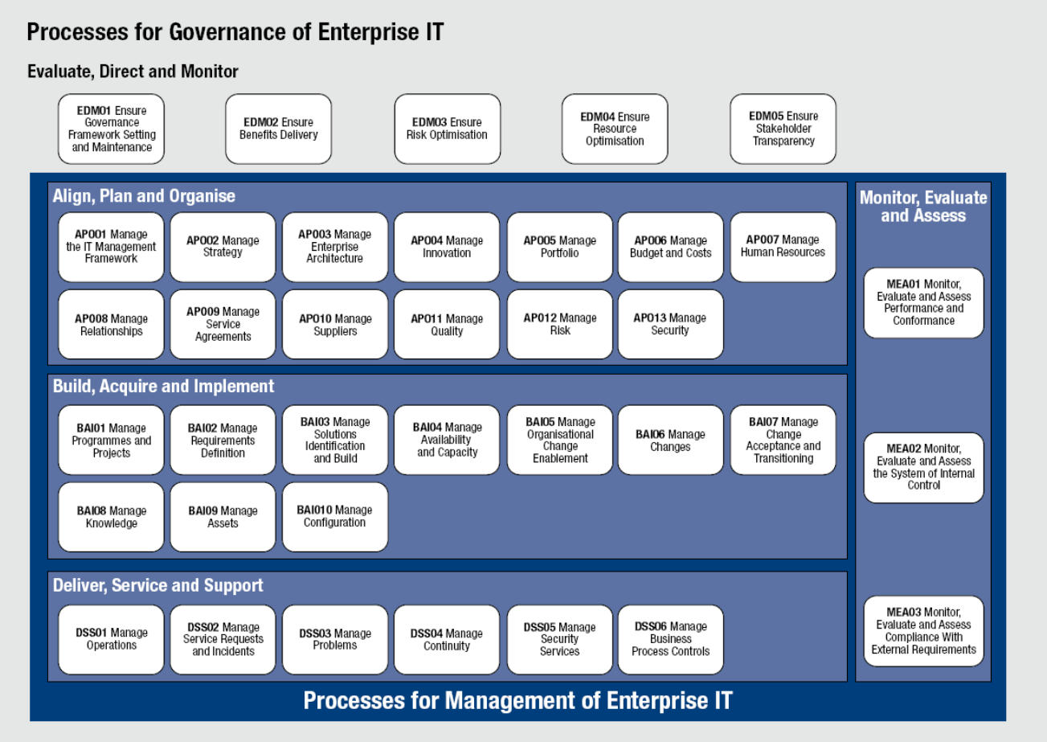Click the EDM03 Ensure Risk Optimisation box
[448, 129]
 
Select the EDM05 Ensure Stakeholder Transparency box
[783, 129]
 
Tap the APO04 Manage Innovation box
[447, 247]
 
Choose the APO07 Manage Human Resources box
[783, 247]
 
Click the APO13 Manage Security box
[671, 325]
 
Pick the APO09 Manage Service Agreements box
[223, 325]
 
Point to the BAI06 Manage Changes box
[671, 440]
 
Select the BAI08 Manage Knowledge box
[111, 517]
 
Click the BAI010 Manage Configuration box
[335, 517]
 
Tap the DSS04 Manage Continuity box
[447, 640]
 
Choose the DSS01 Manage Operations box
[111, 640]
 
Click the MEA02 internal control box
[923, 468]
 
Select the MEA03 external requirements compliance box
[923, 631]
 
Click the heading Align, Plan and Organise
[144, 196]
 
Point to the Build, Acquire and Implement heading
[163, 386]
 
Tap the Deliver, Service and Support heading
[158, 585]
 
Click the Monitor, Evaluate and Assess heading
[923, 207]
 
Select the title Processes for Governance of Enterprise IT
[235, 33]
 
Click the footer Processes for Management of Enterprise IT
[518, 700]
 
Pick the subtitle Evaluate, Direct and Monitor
[133, 72]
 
